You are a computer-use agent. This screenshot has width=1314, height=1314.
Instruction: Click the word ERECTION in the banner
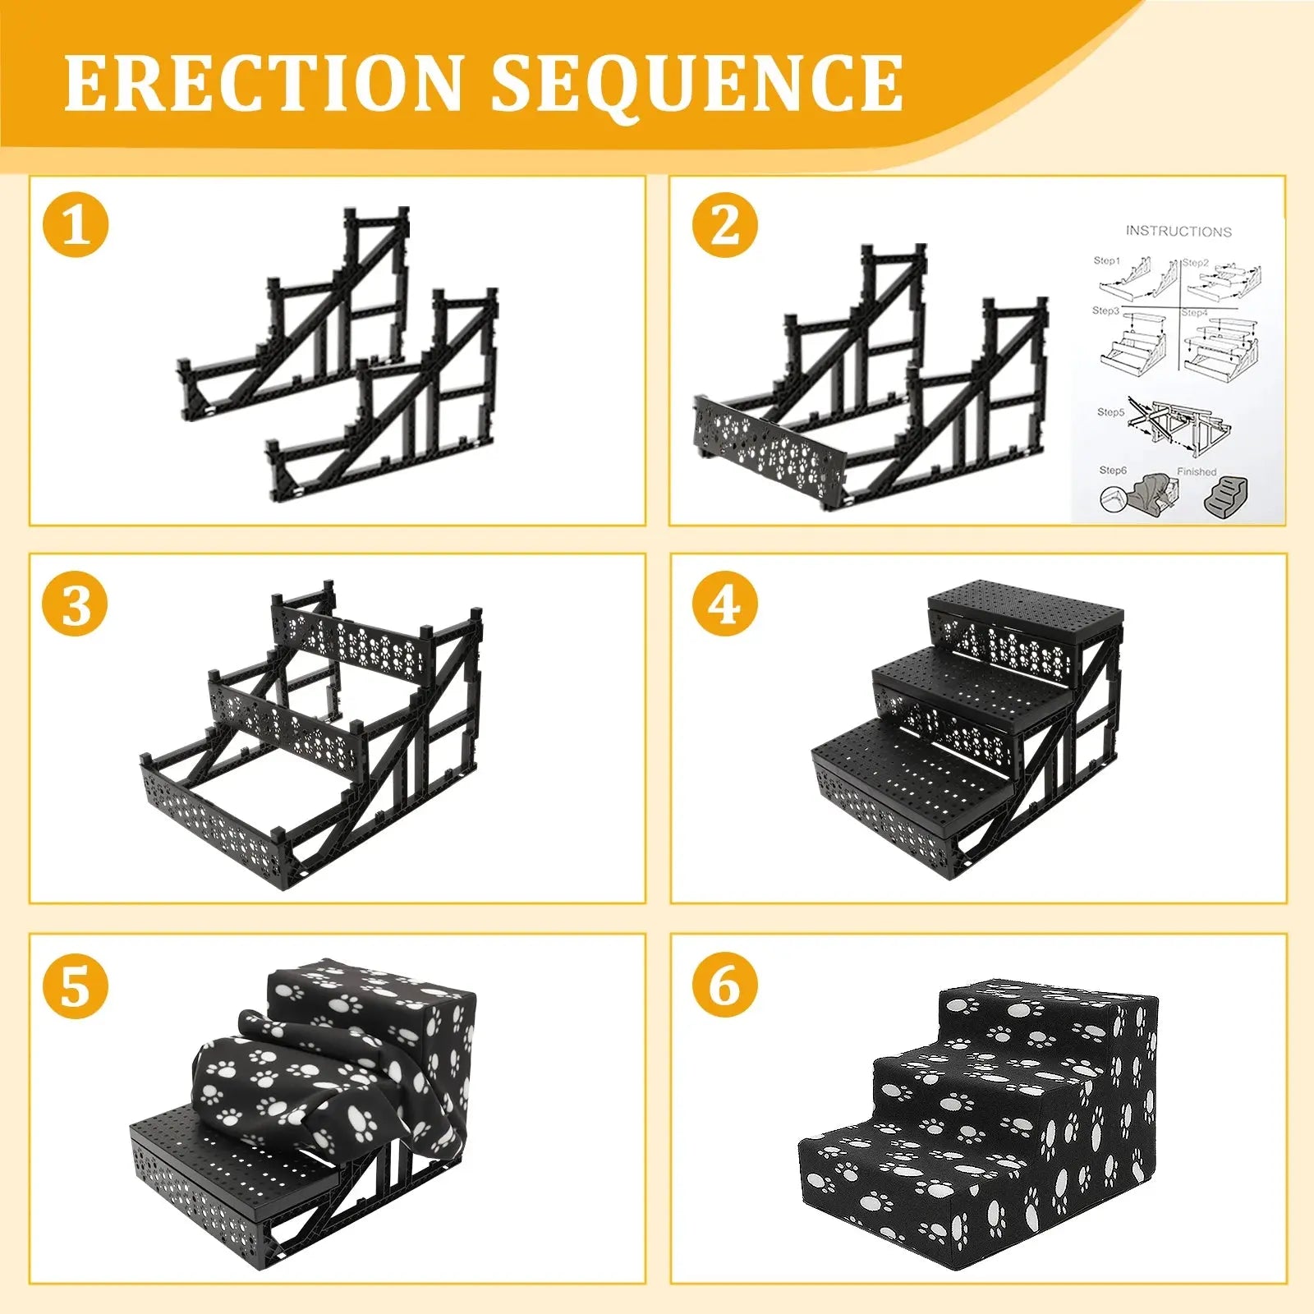[263, 83]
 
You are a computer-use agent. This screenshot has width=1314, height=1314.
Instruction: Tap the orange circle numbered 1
[76, 225]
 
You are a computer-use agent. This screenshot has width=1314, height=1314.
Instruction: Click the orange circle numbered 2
[724, 225]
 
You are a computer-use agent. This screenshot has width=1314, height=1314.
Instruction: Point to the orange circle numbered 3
[76, 605]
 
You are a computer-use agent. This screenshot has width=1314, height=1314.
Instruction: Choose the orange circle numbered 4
[724, 605]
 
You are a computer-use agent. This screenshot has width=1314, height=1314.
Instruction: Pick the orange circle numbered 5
[76, 985]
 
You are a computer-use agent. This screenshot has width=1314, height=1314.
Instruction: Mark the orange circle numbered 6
[724, 985]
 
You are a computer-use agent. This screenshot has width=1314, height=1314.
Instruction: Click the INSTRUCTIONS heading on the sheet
[1178, 232]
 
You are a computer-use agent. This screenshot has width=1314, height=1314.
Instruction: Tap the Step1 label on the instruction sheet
[1106, 260]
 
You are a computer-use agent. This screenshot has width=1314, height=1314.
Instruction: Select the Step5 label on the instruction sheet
[1110, 411]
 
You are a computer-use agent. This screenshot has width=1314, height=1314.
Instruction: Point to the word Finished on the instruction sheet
[1197, 471]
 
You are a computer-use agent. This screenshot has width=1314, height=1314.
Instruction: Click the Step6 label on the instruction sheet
[1113, 470]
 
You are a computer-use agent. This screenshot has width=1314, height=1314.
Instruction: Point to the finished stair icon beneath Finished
[1225, 497]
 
